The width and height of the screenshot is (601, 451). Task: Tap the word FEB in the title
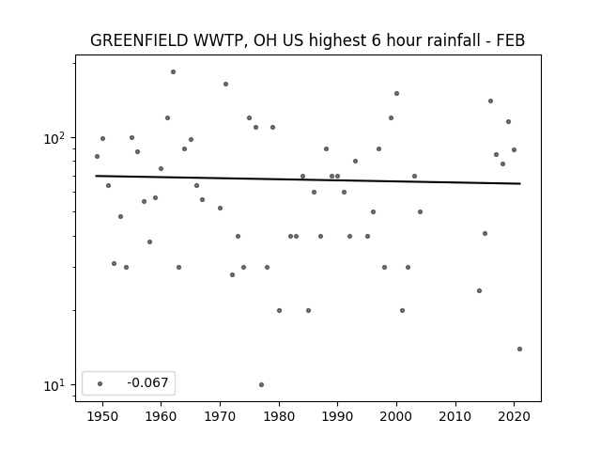(x=511, y=40)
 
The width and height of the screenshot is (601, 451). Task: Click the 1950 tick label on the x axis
(x=102, y=416)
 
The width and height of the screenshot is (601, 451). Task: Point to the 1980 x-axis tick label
(x=279, y=416)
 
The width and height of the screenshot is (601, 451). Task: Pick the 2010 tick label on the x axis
(x=455, y=416)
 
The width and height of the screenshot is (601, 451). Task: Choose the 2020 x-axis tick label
(x=515, y=416)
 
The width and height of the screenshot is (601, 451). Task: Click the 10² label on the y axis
(x=54, y=138)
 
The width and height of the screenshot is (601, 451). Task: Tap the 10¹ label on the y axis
(x=54, y=385)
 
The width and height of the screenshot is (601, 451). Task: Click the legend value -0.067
(x=147, y=382)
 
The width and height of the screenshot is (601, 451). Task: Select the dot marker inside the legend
(x=100, y=383)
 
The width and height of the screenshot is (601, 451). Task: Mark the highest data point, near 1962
(x=173, y=71)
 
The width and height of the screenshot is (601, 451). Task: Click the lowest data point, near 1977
(x=261, y=384)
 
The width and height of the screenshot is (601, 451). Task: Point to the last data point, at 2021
(x=519, y=349)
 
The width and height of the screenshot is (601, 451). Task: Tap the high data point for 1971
(x=225, y=84)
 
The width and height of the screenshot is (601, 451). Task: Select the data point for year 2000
(x=396, y=94)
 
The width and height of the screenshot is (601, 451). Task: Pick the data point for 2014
(x=479, y=290)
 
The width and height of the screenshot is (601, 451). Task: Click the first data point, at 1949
(x=97, y=157)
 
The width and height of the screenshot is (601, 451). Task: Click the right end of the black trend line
(x=520, y=184)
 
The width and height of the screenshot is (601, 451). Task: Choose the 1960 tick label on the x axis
(x=161, y=416)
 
